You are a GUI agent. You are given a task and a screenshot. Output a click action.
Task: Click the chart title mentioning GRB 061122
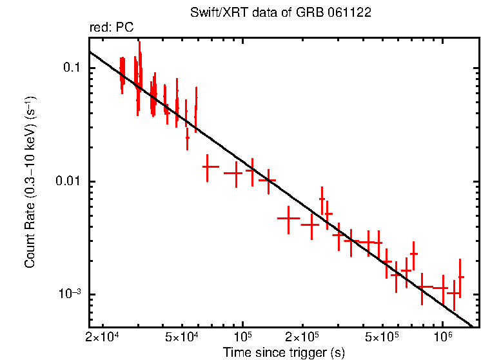(280, 14)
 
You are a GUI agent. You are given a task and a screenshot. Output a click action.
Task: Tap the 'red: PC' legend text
(112, 28)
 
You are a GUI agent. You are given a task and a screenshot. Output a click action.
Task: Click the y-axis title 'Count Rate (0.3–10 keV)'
(30, 182)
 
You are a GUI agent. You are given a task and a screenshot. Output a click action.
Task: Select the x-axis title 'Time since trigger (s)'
(284, 352)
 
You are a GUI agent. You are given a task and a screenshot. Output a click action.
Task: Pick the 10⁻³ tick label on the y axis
(69, 294)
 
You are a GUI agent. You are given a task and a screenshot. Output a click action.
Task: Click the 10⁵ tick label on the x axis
(242, 336)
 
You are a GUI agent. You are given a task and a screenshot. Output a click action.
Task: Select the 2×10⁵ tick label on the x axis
(302, 337)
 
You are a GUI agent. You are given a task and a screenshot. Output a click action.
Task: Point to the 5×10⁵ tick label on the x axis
(382, 337)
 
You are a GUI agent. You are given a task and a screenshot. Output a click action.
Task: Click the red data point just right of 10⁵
(252, 171)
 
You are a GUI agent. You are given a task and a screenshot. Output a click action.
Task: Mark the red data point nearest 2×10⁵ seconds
(311, 225)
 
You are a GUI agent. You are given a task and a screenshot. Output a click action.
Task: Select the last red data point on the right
(460, 277)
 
